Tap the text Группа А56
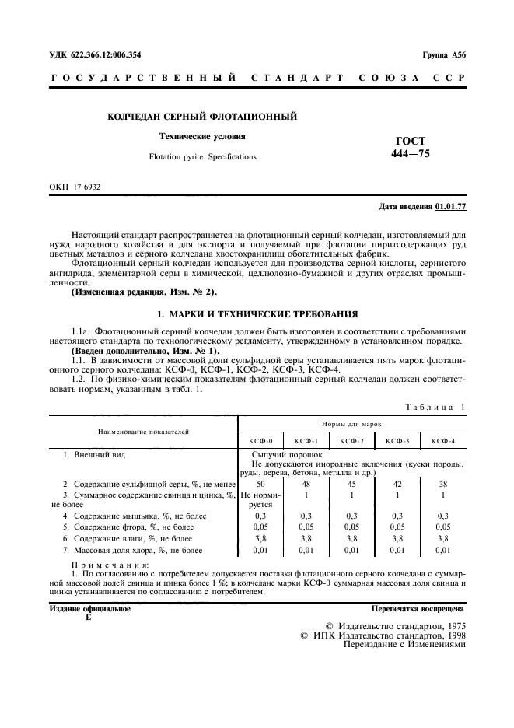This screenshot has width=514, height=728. pos(444,54)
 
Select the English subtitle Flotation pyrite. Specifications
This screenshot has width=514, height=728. pos(202,157)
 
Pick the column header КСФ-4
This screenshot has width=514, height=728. pos(442,440)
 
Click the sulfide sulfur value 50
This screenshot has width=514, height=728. pos(260,483)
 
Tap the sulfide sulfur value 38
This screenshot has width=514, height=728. pos(442,483)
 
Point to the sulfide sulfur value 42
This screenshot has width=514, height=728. pos(397,483)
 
